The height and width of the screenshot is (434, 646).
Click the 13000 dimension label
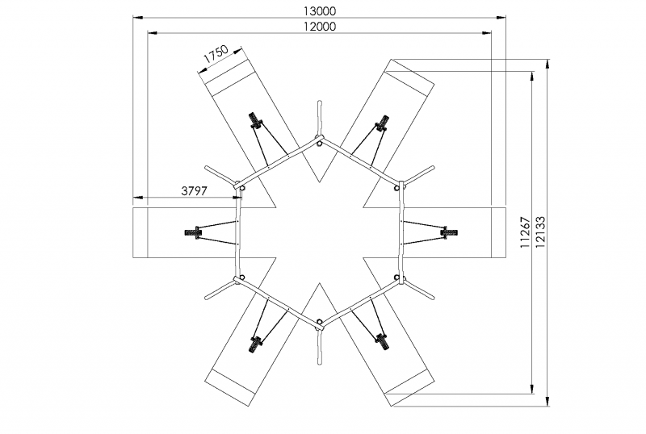click(319, 11)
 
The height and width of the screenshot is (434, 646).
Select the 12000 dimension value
click(319, 26)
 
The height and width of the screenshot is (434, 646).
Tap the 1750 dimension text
click(215, 55)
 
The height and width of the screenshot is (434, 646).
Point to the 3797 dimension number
click(195, 190)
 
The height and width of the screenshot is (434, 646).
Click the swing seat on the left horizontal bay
click(195, 233)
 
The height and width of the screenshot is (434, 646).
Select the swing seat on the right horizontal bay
click(447, 232)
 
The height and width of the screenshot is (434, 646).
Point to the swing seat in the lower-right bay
click(383, 342)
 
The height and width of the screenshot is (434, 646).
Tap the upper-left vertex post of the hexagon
click(241, 186)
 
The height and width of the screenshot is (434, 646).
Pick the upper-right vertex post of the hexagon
click(398, 186)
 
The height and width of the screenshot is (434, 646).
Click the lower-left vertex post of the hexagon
click(239, 279)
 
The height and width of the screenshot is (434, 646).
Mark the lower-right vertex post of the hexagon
click(398, 279)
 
